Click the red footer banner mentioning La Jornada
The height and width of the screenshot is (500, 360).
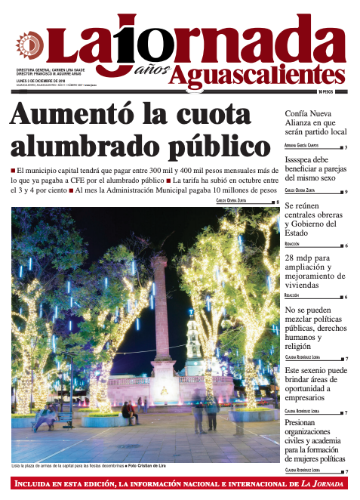click(x=180, y=483)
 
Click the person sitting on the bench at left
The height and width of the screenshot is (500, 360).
click(x=45, y=412)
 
